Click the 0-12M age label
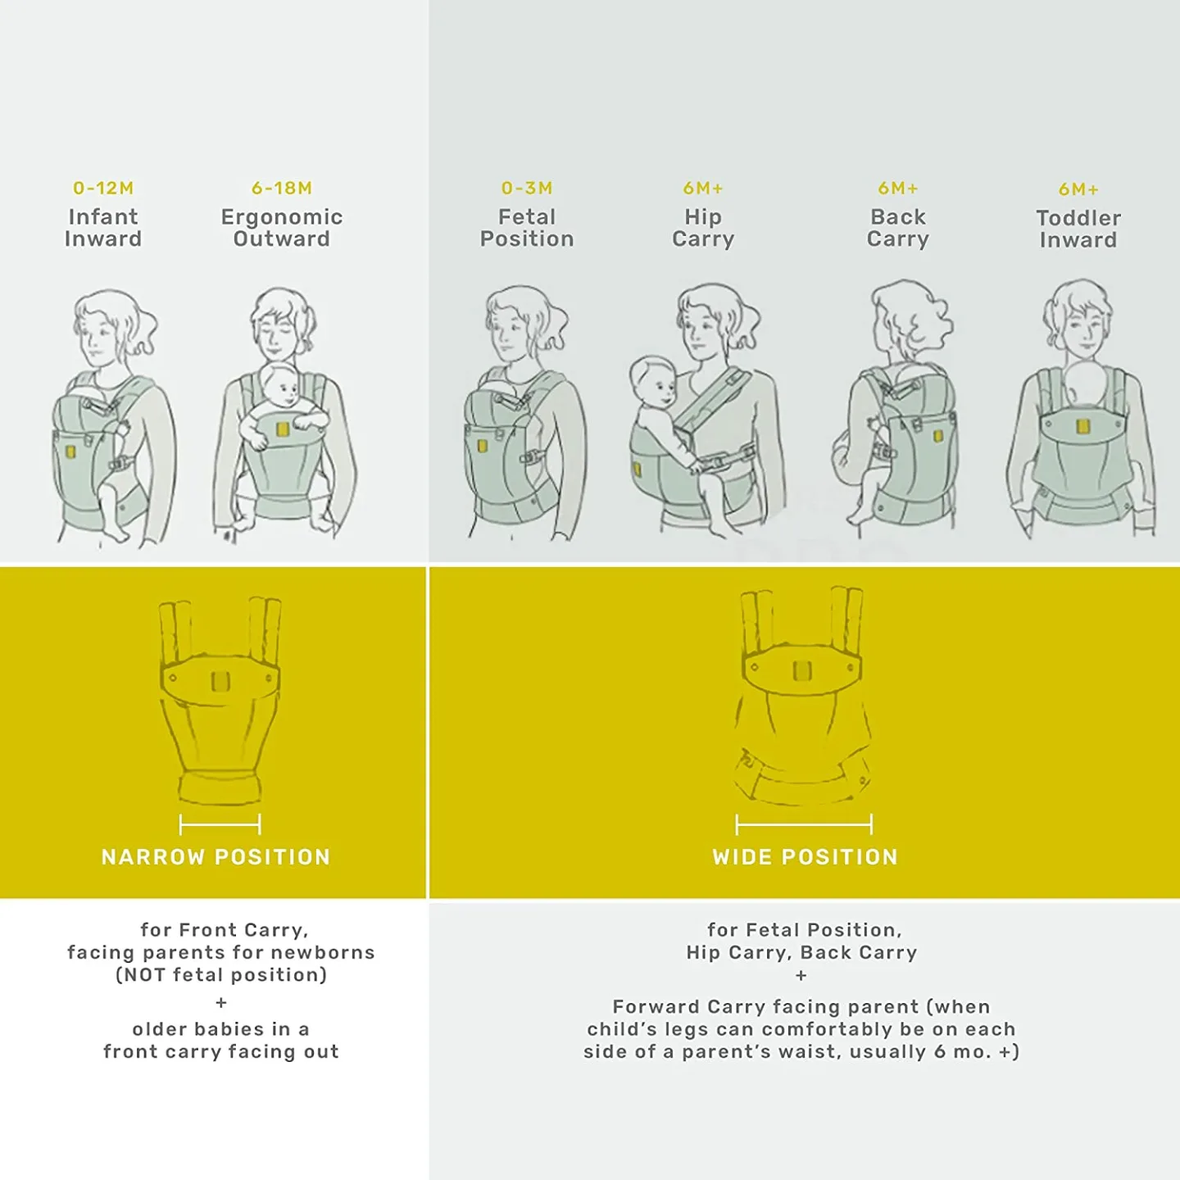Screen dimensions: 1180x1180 [103, 188]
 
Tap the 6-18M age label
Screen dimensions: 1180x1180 [282, 188]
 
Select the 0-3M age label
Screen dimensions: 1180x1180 [527, 188]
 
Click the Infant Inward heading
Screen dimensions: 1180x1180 [103, 228]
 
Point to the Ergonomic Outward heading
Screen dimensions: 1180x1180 [282, 228]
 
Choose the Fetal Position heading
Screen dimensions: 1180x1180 [527, 228]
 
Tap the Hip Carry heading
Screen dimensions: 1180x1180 [703, 228]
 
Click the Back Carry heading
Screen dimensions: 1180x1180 [898, 228]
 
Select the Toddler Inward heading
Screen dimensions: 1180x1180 [1078, 229]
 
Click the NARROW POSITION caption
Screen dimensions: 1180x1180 [216, 857]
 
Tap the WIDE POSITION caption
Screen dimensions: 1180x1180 [806, 857]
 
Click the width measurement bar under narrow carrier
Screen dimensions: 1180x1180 [220, 824]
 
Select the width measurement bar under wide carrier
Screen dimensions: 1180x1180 [804, 824]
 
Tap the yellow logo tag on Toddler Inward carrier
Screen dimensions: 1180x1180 [1082, 425]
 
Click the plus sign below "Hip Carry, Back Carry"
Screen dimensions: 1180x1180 [801, 976]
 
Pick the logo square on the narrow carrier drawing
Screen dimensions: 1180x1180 [220, 681]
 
